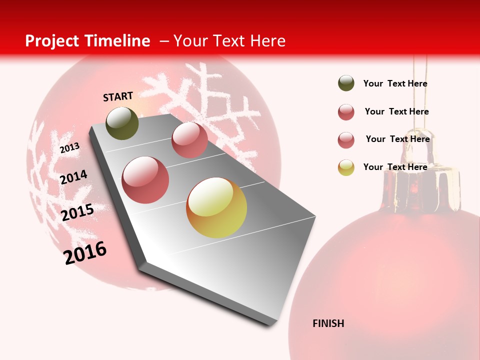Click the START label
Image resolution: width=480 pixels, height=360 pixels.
[118, 96]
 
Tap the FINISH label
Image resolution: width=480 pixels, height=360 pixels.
[328, 323]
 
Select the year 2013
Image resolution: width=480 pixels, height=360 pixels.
[69, 148]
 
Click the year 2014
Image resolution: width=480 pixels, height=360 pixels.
[73, 177]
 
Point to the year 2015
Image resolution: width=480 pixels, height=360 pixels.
[77, 212]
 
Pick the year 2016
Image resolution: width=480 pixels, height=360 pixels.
[85, 253]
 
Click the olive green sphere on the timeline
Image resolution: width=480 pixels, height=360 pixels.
[122, 123]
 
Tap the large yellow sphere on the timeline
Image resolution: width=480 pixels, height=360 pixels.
[216, 207]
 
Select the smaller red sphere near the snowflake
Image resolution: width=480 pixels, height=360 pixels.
[189, 140]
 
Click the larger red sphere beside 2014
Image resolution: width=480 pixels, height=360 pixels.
[145, 180]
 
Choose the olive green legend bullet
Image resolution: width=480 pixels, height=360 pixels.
[346, 83]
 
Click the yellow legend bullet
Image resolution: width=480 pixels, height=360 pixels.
[346, 167]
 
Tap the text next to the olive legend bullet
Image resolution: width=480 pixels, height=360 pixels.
[395, 83]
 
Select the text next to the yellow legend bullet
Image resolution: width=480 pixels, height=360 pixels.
[395, 167]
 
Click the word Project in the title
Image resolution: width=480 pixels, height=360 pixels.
[51, 41]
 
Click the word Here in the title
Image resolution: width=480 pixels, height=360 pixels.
[267, 41]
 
